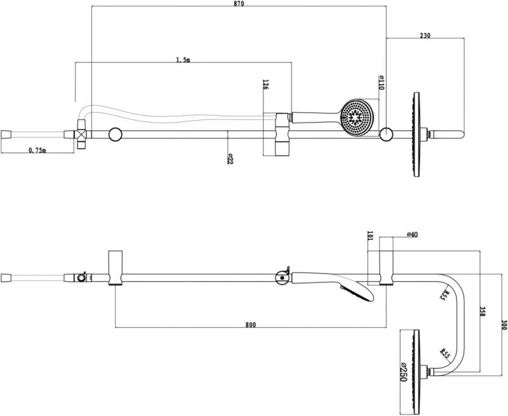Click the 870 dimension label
pos(239,4)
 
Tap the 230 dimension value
pos(425,36)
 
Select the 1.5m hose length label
pos(183,60)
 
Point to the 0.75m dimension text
pos(37,150)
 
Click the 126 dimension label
pos(265,85)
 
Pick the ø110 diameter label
pos(381,83)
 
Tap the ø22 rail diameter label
pos(230,158)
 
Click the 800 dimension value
pos(250,325)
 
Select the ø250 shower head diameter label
pos(403,372)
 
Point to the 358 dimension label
pos(483,312)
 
